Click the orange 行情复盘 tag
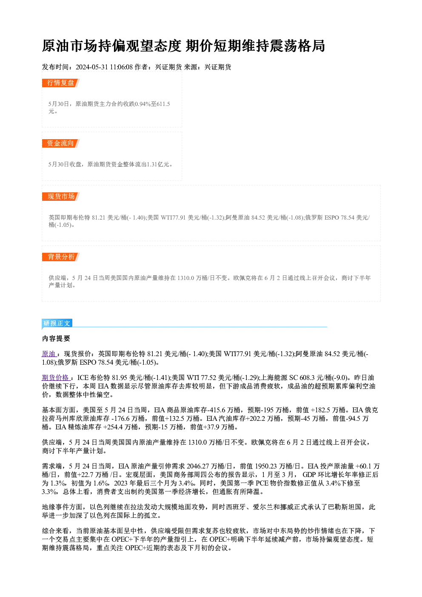point(61,83)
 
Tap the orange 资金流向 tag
point(61,143)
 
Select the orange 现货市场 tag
point(61,197)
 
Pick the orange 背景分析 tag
point(61,257)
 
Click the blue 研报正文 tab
point(57,323)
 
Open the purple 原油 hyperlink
point(49,354)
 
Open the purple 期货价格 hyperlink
point(56,377)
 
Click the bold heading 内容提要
point(56,338)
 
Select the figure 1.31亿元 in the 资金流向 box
point(158,164)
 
